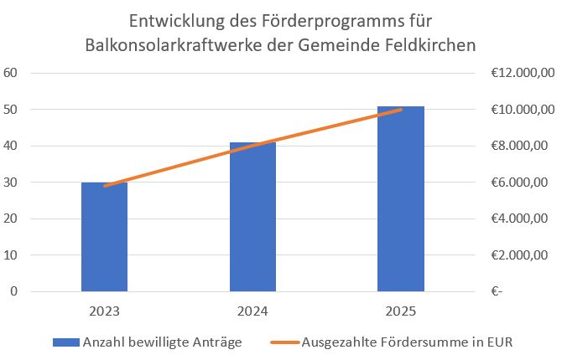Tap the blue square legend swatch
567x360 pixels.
click(x=65, y=342)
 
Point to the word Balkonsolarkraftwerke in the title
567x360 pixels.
click(x=176, y=44)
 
